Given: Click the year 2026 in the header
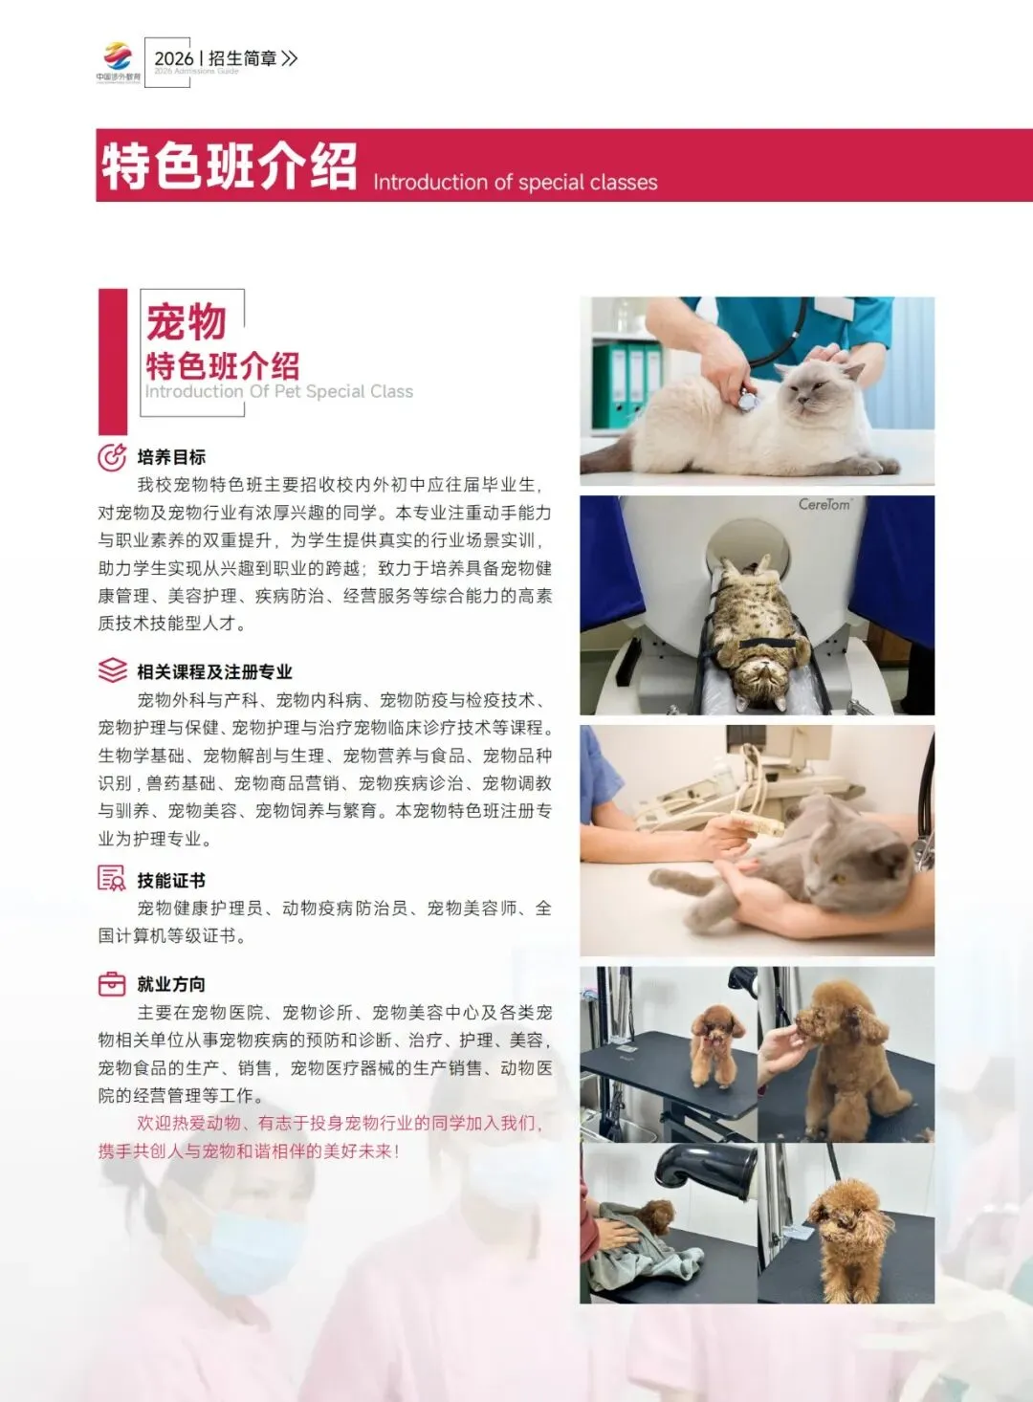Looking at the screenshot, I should (174, 58).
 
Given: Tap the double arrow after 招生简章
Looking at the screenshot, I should (290, 58).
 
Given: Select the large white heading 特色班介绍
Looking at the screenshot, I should (230, 167).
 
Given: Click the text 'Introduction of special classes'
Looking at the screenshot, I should (515, 183).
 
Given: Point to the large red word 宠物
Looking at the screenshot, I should (187, 321).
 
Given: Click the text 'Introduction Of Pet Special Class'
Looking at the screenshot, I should (278, 391).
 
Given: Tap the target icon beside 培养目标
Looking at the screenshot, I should (112, 457).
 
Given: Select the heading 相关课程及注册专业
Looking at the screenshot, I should (214, 671).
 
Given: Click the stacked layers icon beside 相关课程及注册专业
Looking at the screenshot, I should (112, 670).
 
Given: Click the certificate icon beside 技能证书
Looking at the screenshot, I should (112, 879).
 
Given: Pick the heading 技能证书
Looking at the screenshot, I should (171, 880).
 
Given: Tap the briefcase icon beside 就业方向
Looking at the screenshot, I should (112, 983).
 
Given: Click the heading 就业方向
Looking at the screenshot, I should (171, 984).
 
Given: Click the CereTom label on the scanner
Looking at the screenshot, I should (824, 504).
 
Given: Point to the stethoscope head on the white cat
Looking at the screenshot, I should (746, 400).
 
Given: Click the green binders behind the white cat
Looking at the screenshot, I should (626, 384).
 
